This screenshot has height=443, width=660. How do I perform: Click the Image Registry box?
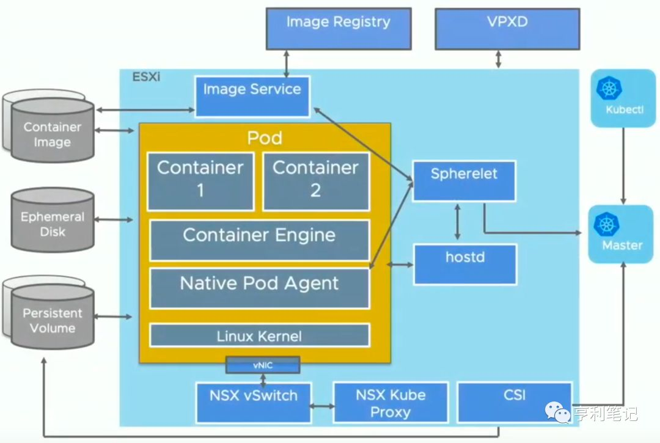click(338, 28)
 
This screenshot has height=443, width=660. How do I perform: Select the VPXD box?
click(507, 28)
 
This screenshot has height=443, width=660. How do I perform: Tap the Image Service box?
click(252, 95)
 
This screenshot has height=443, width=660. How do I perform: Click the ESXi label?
click(146, 78)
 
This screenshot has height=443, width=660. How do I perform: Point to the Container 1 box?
click(200, 181)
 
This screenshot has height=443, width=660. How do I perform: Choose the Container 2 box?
click(316, 181)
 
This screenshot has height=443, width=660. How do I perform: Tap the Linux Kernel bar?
click(259, 335)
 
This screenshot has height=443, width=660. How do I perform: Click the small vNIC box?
click(263, 365)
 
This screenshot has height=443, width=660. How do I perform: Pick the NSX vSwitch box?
click(253, 401)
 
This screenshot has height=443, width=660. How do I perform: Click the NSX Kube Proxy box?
click(391, 402)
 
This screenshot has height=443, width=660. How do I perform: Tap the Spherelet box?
click(464, 180)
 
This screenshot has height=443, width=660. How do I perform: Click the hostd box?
click(464, 263)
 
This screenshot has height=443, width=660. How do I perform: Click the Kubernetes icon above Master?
click(607, 224)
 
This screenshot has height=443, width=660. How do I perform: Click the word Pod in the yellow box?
click(265, 137)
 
